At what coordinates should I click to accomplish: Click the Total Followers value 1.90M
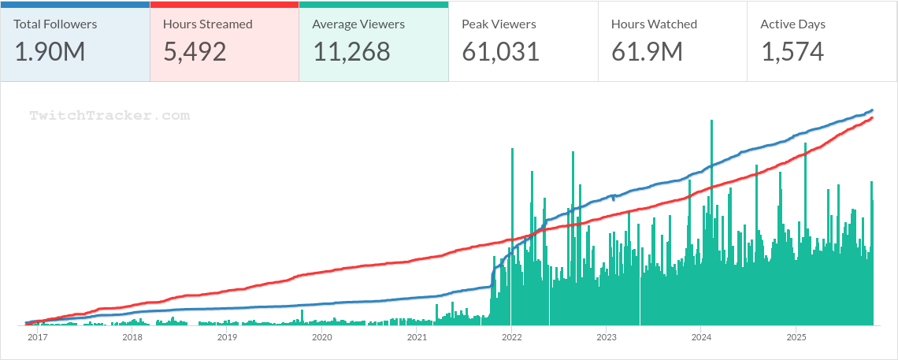coord(50,52)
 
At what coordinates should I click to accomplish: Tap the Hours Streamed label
coord(208,24)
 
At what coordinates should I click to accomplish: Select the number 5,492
coord(195,52)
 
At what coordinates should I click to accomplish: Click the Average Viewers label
coord(358,24)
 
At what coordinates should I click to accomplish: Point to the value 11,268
coord(351,52)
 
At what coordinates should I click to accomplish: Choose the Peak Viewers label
coord(499,24)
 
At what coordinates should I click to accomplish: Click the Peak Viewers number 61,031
coord(501,52)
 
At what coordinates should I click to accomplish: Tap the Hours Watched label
coord(654,24)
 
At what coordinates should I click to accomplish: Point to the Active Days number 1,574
coord(792,52)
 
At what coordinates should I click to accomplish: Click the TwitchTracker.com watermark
coord(109,116)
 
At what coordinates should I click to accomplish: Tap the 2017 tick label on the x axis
coord(37,337)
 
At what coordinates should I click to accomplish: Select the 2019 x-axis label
coord(227,337)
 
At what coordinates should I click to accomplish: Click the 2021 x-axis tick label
coord(417,337)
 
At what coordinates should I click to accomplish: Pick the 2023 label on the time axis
coord(606,337)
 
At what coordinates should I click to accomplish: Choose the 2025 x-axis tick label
coord(796,337)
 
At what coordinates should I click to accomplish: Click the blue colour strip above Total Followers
coord(75,4)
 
